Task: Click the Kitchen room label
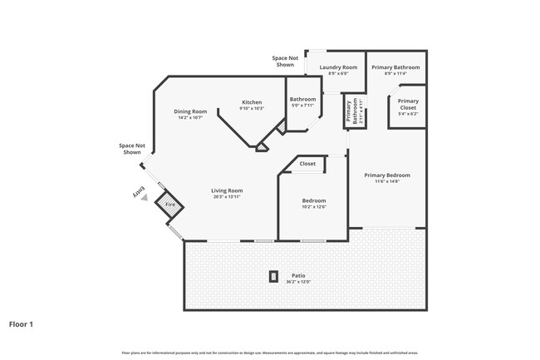tap(252, 102)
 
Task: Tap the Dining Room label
tap(190, 111)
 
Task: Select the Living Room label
tap(227, 190)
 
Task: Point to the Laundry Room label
tap(338, 67)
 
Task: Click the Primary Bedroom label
tap(387, 175)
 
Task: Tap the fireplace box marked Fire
tap(170, 205)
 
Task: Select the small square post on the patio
tap(273, 277)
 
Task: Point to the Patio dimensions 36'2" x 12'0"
tap(298, 283)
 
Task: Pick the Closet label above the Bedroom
tap(307, 164)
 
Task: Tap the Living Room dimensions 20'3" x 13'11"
tap(227, 197)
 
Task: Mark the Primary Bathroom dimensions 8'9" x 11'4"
tap(395, 74)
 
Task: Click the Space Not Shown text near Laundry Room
tap(283, 62)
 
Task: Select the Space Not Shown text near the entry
tap(132, 149)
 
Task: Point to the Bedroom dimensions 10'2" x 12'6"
tap(313, 207)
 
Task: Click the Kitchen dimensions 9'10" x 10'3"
tap(252, 109)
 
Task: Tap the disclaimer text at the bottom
tap(270, 353)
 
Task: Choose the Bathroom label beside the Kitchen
tap(302, 100)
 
